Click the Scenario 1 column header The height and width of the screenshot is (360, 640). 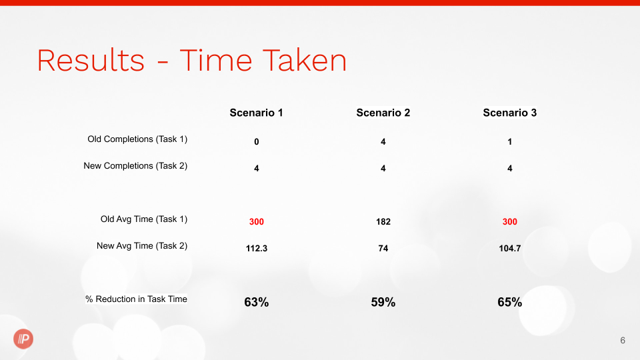pyautogui.click(x=256, y=113)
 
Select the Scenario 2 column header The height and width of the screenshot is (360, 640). pyautogui.click(x=383, y=113)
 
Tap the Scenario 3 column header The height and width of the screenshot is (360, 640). pyautogui.click(x=510, y=113)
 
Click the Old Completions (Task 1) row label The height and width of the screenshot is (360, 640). pyautogui.click(x=137, y=139)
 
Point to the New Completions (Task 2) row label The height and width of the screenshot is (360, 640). pyautogui.click(x=135, y=166)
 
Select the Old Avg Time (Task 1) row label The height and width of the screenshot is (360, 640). pyautogui.click(x=144, y=219)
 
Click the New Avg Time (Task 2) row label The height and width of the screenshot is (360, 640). pyautogui.click(x=142, y=246)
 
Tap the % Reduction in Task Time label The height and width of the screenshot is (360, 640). pyautogui.click(x=136, y=299)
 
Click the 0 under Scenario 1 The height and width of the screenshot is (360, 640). pyautogui.click(x=256, y=141)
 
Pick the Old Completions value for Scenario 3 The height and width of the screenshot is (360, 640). pyautogui.click(x=510, y=141)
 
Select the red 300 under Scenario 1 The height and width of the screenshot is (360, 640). pyautogui.click(x=256, y=221)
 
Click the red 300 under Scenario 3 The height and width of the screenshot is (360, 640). pyautogui.click(x=510, y=221)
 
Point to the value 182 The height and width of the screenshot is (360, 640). pyautogui.click(x=383, y=221)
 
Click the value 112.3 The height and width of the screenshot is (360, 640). pyautogui.click(x=256, y=248)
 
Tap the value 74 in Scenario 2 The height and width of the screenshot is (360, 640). pyautogui.click(x=383, y=248)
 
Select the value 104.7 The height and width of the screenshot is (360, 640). pyautogui.click(x=510, y=248)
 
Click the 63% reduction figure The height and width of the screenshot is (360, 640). pyautogui.click(x=256, y=302)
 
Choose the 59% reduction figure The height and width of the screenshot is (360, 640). pyautogui.click(x=383, y=302)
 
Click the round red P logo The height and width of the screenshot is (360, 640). pyautogui.click(x=23, y=339)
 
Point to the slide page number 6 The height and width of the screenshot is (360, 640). pyautogui.click(x=623, y=341)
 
